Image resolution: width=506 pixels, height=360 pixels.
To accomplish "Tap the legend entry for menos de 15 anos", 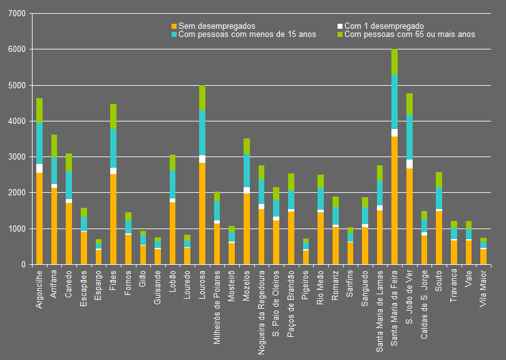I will pos(247,34).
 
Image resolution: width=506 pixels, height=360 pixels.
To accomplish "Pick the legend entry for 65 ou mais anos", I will pos(410,34).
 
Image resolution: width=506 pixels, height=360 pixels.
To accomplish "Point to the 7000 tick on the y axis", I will pos(17,13).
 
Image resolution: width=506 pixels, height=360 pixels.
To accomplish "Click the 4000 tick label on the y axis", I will pos(17,121).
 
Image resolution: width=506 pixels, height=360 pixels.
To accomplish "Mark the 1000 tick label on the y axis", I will pos(17,229).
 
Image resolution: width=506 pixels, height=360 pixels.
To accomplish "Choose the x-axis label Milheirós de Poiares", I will pos(217,304).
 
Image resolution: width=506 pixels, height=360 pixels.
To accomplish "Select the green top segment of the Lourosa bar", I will pos(202,98).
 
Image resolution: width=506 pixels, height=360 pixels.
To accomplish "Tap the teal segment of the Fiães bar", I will pos(113,148).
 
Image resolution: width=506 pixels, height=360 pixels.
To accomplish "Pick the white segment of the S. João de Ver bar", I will pos(410,164).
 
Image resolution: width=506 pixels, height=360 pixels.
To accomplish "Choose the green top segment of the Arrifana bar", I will pos(54,146).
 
